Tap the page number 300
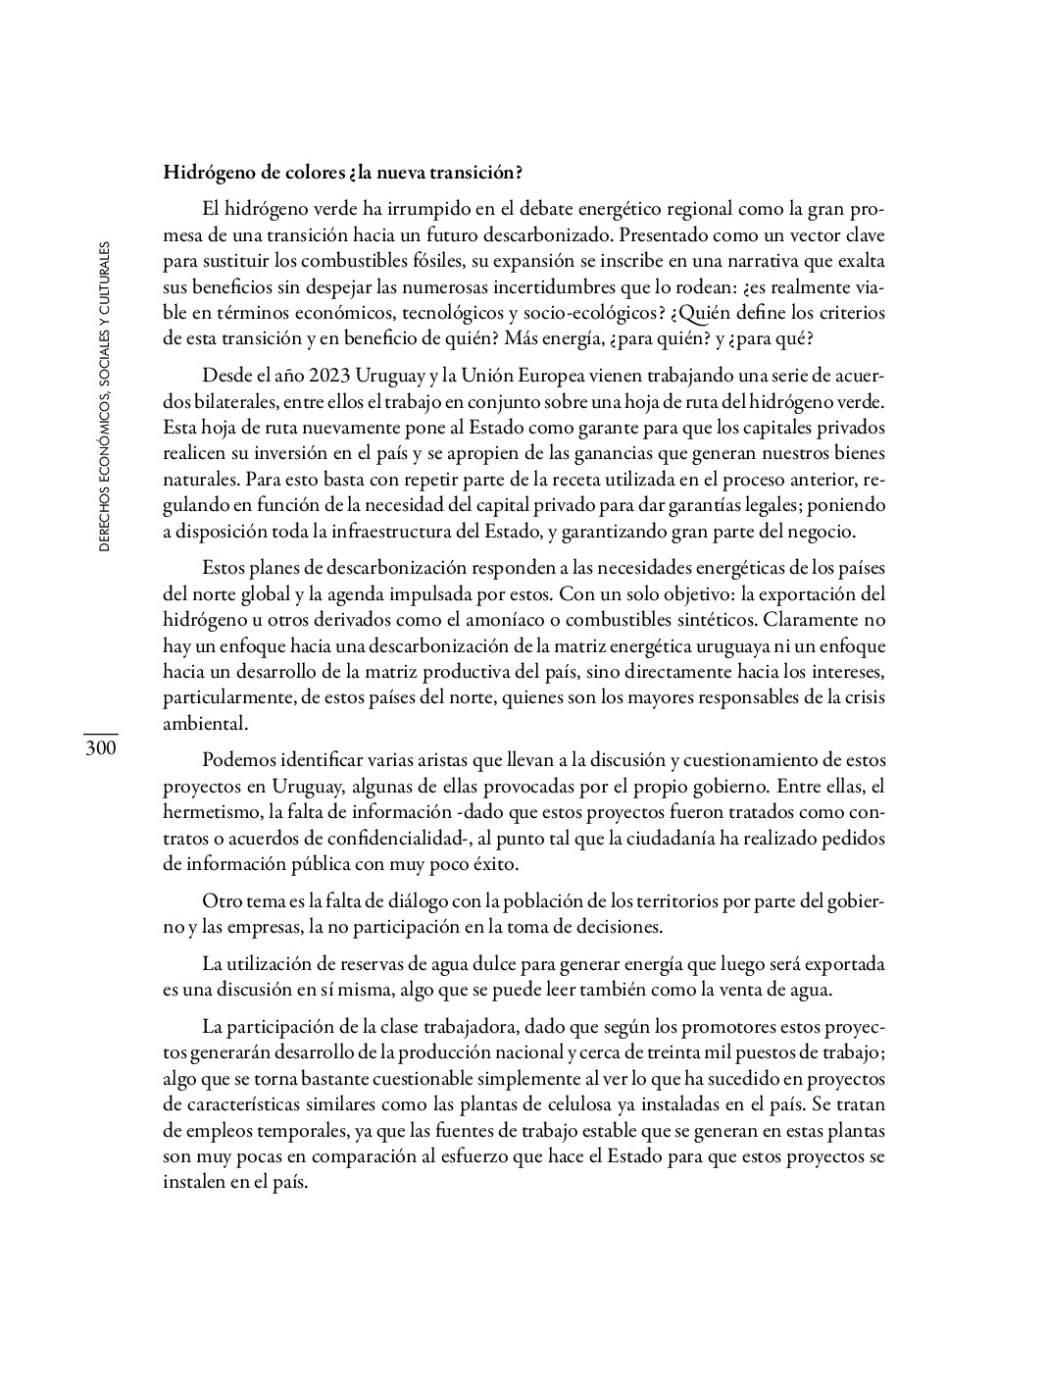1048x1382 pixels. [x=100, y=749]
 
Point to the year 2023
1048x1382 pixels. [x=328, y=376]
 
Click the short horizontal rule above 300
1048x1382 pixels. [x=100, y=734]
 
